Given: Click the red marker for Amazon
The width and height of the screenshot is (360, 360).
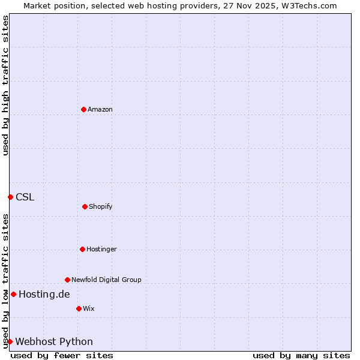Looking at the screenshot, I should pyautogui.click(x=83, y=109).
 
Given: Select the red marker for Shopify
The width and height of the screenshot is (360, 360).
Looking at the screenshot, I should pyautogui.click(x=85, y=206).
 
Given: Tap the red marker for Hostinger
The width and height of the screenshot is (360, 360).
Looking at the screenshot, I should pyautogui.click(x=82, y=249).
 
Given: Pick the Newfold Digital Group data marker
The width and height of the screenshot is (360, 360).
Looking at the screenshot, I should pyautogui.click(x=67, y=280).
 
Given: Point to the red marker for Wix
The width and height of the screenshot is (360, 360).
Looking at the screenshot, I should pyautogui.click(x=79, y=308).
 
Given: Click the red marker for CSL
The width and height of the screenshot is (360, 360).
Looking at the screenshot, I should pyautogui.click(x=10, y=197).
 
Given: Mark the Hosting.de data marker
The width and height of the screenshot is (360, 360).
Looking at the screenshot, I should pyautogui.click(x=13, y=294).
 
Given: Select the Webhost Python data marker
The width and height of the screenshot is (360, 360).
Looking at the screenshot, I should pyautogui.click(x=10, y=341).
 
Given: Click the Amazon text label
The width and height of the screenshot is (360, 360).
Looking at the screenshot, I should pyautogui.click(x=100, y=109).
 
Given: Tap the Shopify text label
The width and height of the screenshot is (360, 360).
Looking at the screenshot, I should pyautogui.click(x=101, y=206).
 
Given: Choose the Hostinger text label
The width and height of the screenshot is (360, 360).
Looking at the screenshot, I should pyautogui.click(x=101, y=249).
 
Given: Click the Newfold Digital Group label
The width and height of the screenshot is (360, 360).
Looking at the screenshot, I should pyautogui.click(x=106, y=280).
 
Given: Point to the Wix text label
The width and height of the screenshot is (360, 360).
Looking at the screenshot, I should pyautogui.click(x=89, y=308).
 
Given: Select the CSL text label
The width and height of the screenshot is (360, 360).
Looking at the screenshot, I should pyautogui.click(x=25, y=197).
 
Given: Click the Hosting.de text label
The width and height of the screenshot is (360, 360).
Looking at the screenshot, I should pyautogui.click(x=44, y=294).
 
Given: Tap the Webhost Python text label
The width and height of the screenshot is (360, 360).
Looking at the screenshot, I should pyautogui.click(x=54, y=341).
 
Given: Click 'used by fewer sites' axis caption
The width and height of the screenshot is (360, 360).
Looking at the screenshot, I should pyautogui.click(x=62, y=355).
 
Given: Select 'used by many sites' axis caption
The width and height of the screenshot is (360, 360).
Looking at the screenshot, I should pyautogui.click(x=301, y=355).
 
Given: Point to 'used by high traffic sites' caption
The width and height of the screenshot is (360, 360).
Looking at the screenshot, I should pyautogui.click(x=5, y=85).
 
